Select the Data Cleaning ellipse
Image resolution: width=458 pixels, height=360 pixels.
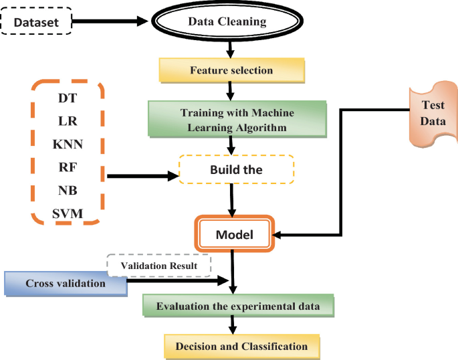(x=227, y=21)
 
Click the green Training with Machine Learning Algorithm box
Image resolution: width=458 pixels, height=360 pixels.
(x=237, y=118)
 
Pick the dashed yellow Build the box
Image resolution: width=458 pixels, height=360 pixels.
(x=236, y=170)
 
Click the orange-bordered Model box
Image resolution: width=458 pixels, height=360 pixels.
(x=233, y=235)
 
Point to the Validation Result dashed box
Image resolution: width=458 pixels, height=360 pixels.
(x=158, y=266)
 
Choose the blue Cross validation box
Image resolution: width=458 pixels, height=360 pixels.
(x=66, y=284)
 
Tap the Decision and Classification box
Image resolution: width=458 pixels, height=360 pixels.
(x=241, y=346)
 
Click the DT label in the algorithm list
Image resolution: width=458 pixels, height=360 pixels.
(x=67, y=98)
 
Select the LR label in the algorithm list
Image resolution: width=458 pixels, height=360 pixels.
(x=67, y=121)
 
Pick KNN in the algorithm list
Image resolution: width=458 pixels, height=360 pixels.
(x=67, y=144)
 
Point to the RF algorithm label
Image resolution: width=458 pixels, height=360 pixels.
(x=67, y=167)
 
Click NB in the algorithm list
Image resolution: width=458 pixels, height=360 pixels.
(x=67, y=190)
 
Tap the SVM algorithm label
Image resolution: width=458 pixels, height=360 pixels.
(x=67, y=213)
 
